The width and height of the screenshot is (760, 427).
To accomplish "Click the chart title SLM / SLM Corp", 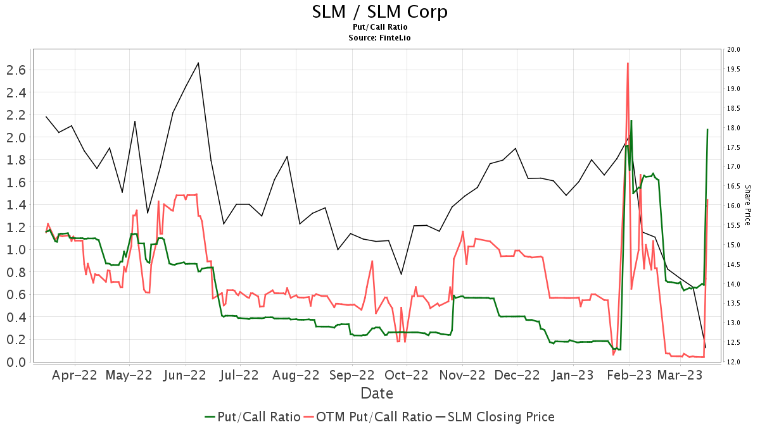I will [x=380, y=11].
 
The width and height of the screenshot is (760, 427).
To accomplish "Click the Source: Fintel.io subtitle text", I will [x=380, y=38].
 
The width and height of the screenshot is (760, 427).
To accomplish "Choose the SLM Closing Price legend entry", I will [x=494, y=417].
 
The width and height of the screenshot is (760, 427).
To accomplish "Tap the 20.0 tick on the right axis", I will [x=734, y=49].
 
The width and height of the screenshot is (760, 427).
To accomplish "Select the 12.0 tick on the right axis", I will [x=734, y=362].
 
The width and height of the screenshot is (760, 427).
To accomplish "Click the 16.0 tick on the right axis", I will [x=734, y=206].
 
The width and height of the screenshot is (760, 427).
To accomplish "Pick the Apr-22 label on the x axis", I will [x=75, y=375].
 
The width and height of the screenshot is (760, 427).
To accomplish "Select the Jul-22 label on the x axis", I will [x=239, y=375].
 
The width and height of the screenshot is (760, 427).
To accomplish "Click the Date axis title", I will [x=377, y=393].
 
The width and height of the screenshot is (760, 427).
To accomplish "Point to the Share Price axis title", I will [x=747, y=206].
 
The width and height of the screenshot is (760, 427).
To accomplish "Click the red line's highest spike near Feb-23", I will [x=627, y=63].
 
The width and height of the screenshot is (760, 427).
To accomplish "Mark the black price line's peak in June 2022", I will [x=198, y=63].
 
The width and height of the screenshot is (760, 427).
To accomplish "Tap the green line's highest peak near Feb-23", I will [x=631, y=121].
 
